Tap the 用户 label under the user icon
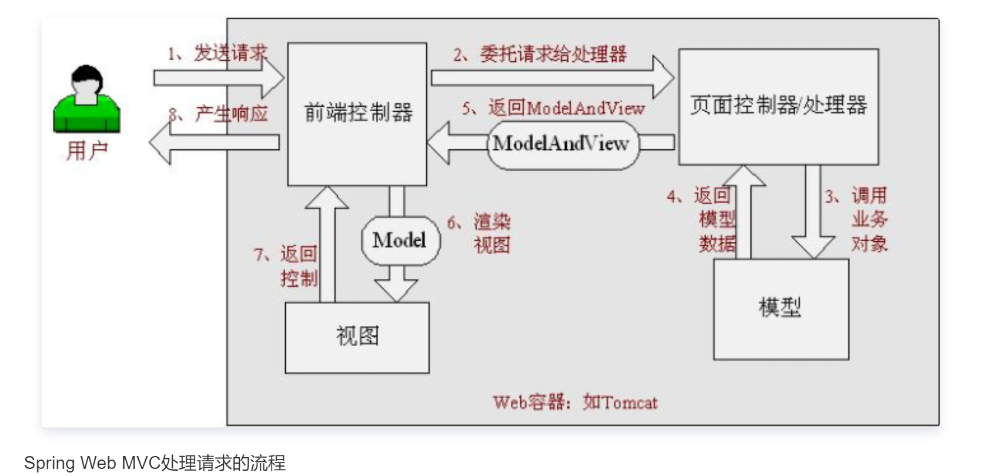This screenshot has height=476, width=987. [86, 151]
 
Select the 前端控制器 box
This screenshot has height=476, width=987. [357, 113]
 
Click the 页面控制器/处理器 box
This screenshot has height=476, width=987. [778, 106]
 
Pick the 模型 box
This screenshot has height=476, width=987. [780, 308]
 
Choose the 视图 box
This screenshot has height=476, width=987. [357, 337]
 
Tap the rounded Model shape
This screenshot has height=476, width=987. [400, 240]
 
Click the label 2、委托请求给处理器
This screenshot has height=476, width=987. [539, 55]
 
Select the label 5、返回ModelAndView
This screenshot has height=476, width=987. [553, 108]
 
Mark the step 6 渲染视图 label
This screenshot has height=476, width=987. [480, 234]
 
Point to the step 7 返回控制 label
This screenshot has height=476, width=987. [287, 266]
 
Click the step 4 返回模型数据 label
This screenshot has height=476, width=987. [702, 219]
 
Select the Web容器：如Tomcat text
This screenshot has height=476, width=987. [574, 402]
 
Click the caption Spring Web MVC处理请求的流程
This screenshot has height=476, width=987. [154, 463]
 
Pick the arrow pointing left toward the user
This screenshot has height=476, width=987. [215, 142]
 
